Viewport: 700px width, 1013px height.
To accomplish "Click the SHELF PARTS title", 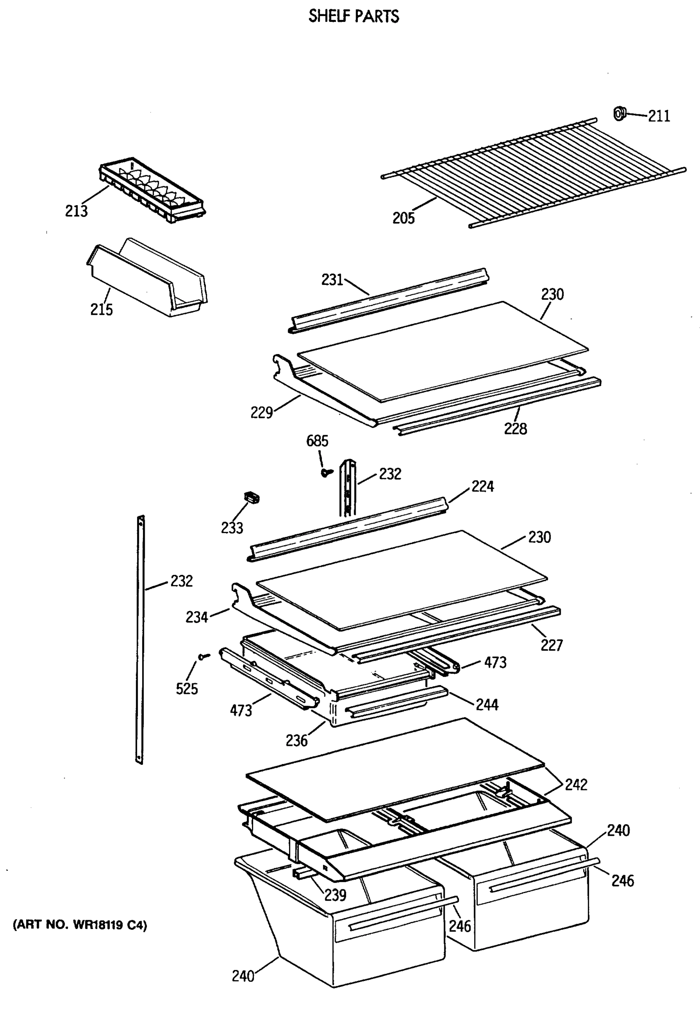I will tap(354, 16).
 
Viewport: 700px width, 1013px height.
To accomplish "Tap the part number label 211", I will tap(659, 116).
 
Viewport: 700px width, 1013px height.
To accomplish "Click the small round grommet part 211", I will tap(619, 113).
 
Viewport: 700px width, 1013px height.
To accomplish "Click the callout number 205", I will tap(403, 218).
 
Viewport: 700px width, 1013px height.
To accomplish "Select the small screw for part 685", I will tap(326, 472).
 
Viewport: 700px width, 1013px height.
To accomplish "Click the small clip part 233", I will tap(251, 498).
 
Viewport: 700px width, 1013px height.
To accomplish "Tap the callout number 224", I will tap(482, 487).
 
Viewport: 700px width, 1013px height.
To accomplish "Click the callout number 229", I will tap(262, 413).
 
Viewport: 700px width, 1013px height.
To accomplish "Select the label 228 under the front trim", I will tap(515, 429).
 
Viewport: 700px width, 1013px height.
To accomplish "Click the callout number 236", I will tap(297, 741).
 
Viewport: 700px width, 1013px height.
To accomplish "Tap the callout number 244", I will tap(487, 705).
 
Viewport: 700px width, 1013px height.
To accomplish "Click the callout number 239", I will tap(335, 895).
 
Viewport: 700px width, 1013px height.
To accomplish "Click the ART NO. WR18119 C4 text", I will tap(80, 925).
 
